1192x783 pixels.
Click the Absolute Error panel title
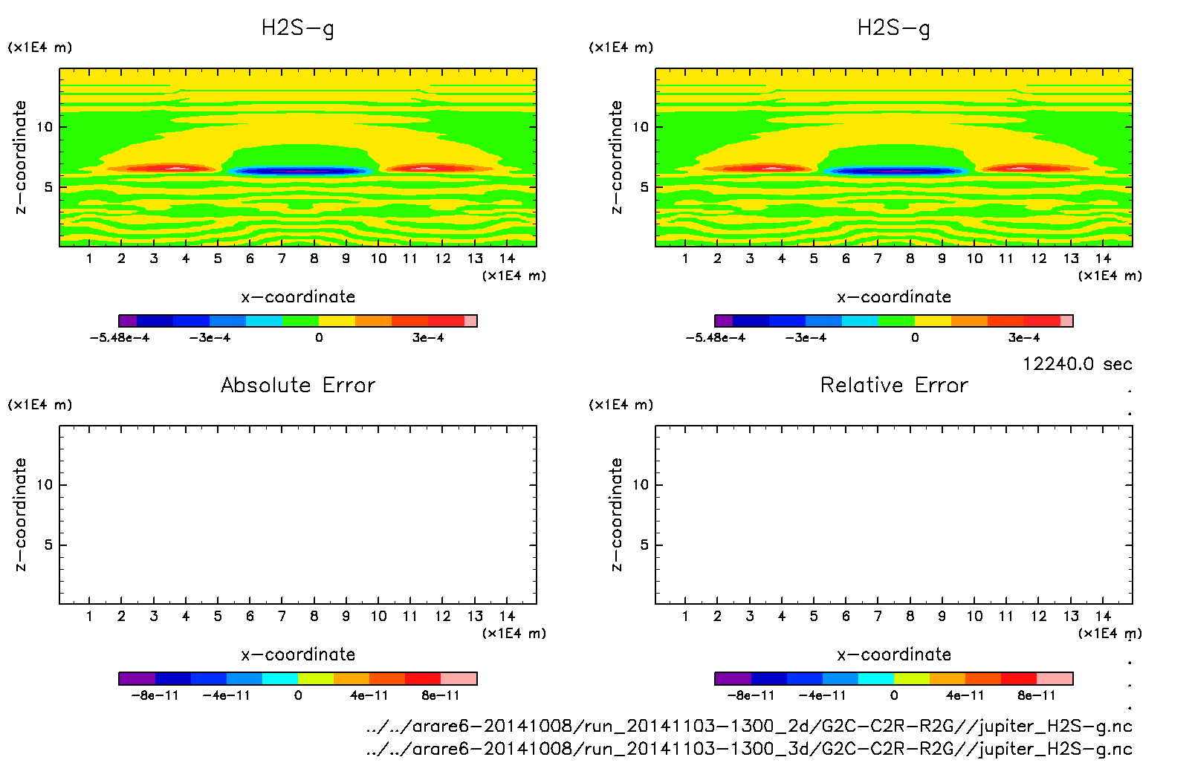tap(298, 385)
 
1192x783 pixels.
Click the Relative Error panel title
tap(894, 385)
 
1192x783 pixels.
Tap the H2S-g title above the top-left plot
tap(298, 28)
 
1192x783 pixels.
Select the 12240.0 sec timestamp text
tap(1077, 364)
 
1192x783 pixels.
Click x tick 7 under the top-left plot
tap(282, 259)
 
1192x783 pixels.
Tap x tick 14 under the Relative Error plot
tap(1103, 616)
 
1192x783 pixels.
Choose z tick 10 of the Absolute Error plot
tap(45, 484)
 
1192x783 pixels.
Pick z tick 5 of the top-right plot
tap(644, 187)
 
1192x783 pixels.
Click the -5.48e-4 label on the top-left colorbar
tap(120, 338)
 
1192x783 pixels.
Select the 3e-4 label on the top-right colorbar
tap(1023, 338)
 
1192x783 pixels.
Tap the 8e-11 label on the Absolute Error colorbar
tap(441, 695)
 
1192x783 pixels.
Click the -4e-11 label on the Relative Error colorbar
tap(823, 695)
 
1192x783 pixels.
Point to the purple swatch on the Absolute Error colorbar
tap(137, 678)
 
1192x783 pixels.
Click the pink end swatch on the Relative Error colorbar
tap(1055, 678)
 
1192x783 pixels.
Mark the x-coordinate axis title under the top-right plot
tap(894, 297)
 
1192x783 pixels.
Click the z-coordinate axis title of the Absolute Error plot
tap(21, 515)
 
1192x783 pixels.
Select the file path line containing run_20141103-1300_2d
tap(748, 726)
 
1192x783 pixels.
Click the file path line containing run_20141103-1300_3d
tap(748, 749)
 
